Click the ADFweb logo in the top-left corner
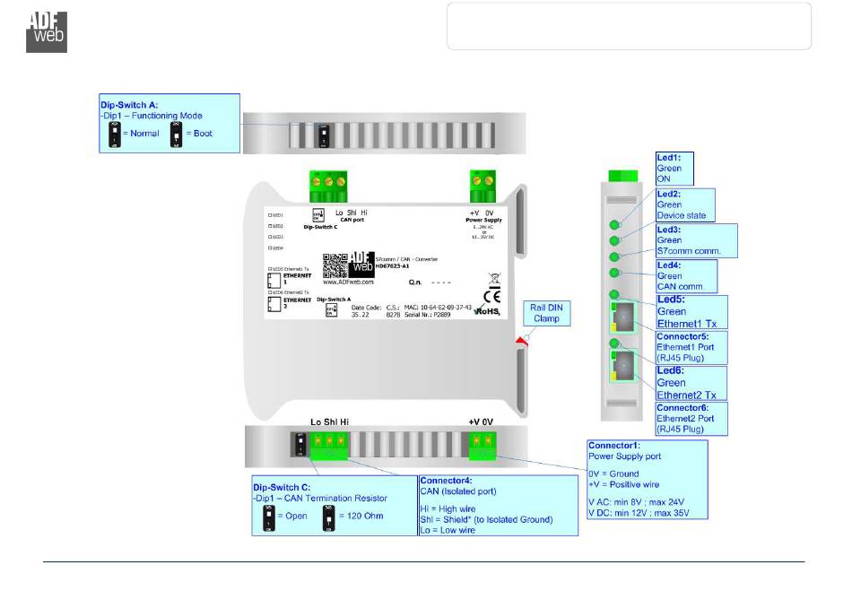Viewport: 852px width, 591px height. click(x=46, y=31)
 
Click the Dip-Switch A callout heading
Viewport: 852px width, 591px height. click(x=129, y=105)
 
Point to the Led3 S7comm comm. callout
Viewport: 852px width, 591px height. click(x=694, y=240)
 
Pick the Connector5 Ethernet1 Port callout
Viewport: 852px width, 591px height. click(x=691, y=347)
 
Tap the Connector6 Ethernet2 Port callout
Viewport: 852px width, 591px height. click(x=691, y=419)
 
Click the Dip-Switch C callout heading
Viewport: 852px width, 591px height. click(x=283, y=488)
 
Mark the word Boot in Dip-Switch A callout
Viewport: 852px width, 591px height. click(x=202, y=133)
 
